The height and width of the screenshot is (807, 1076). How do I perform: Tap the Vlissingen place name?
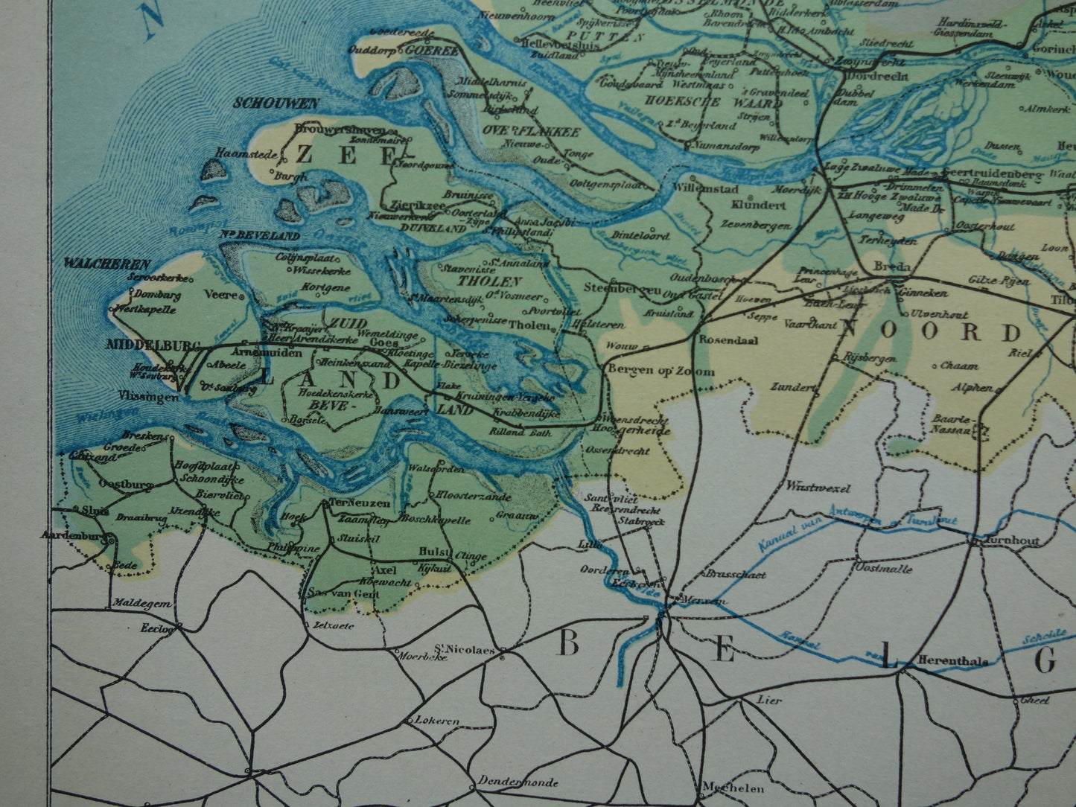tap(149, 398)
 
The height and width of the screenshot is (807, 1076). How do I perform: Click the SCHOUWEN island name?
tap(276, 103)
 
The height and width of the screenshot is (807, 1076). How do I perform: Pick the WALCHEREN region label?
tap(107, 263)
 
